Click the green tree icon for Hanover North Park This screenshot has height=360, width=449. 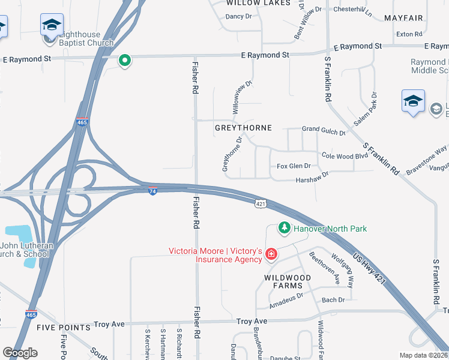tap(284, 228)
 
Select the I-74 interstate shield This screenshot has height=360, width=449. tap(153, 190)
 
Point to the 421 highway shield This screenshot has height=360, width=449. tap(260, 204)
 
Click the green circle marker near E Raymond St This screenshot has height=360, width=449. tap(125, 60)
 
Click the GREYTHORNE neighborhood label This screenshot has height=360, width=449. tap(243, 128)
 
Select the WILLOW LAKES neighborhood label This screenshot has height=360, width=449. tap(258, 3)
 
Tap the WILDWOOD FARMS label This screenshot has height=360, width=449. tap(288, 281)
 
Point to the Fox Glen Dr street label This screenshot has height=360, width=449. tap(294, 166)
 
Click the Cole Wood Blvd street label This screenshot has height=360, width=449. tap(345, 155)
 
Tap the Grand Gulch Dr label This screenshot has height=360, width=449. tap(324, 130)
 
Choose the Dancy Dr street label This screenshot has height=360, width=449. tap(238, 16)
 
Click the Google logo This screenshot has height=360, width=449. tap(20, 353)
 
